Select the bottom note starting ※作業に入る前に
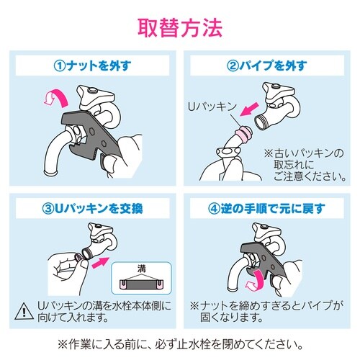click(x=180, y=343)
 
